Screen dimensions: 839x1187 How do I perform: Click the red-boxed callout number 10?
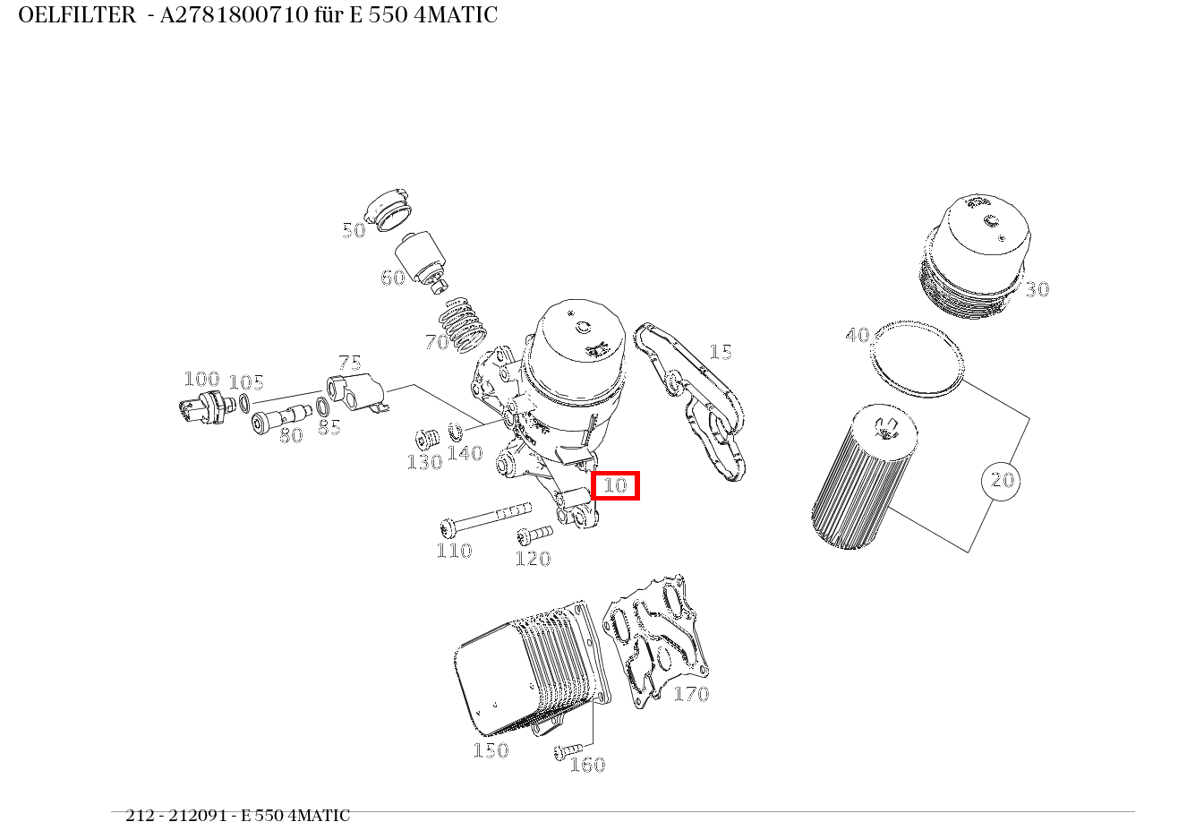tap(615, 485)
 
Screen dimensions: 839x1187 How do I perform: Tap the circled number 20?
tap(1001, 481)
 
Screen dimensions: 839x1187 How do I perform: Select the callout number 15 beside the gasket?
tap(720, 352)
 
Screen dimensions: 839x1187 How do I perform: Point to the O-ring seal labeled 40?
tap(918, 358)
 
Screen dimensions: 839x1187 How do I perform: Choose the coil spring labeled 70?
tap(465, 324)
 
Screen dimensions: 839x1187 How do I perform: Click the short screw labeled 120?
tap(534, 535)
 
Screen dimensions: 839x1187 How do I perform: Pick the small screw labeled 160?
tap(568, 749)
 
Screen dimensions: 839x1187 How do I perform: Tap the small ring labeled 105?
tap(243, 403)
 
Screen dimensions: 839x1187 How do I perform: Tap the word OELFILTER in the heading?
tap(76, 15)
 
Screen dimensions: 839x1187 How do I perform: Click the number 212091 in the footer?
tap(197, 816)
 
